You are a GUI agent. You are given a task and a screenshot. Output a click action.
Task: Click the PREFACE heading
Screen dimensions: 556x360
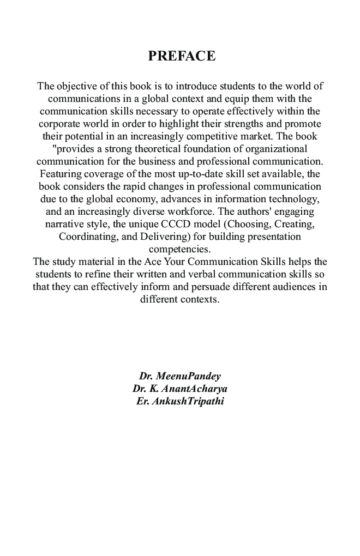tap(182, 56)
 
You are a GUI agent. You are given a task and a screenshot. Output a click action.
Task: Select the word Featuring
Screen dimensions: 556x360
tap(59, 174)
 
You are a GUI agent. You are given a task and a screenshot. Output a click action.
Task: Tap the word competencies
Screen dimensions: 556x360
tap(179, 249)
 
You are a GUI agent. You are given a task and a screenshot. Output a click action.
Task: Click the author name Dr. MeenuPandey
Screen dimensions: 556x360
tap(180, 377)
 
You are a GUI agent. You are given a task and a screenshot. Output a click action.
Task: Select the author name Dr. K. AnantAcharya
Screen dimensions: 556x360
tap(180, 389)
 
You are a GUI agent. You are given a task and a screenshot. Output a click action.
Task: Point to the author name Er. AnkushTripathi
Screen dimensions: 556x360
tap(180, 402)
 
